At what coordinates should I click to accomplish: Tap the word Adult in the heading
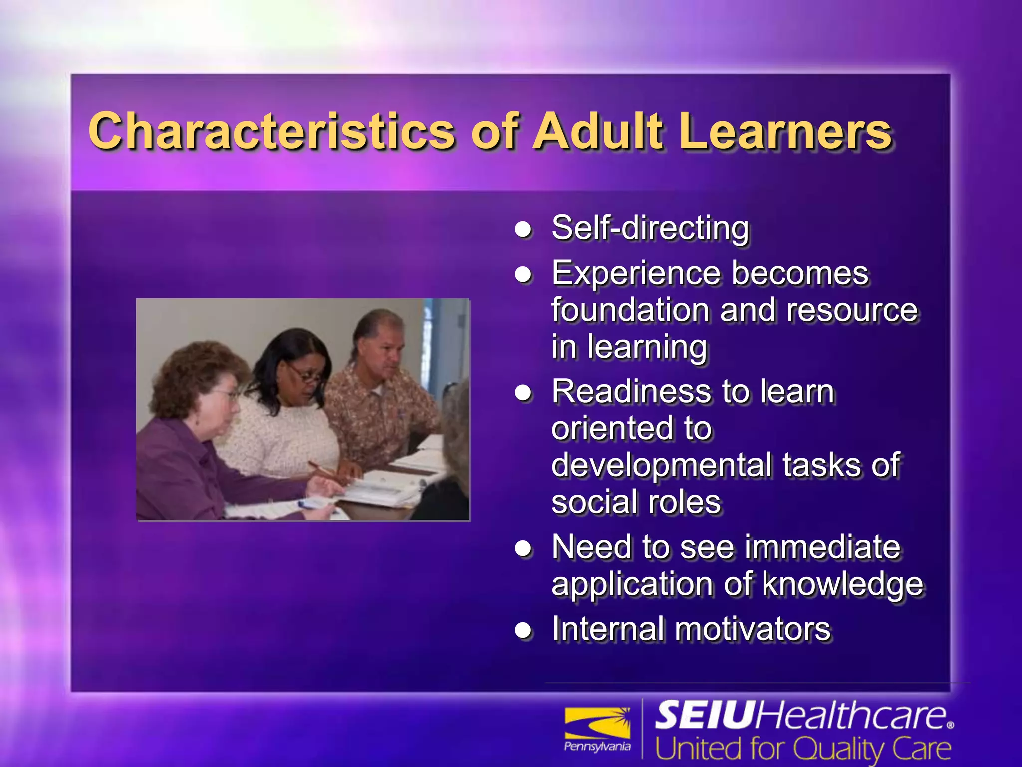point(599,131)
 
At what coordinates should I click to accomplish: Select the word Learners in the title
point(785,131)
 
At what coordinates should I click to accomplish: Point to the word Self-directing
point(650,228)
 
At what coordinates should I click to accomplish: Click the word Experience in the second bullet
point(635,274)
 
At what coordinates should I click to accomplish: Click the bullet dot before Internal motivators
point(523,631)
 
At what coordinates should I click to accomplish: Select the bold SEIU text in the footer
point(704,715)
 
